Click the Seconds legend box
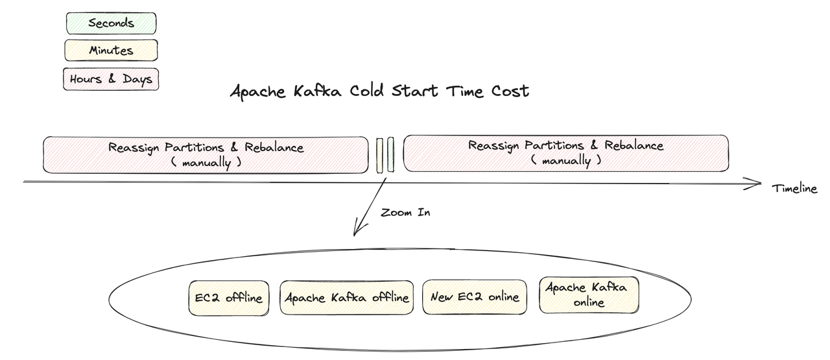[111, 23]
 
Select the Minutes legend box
[111, 51]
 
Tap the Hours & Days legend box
[111, 79]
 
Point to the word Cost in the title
[510, 91]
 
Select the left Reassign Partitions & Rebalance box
[206, 154]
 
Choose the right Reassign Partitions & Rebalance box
[565, 153]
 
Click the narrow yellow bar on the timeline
[380, 156]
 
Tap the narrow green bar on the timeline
[390, 156]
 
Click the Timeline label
[794, 189]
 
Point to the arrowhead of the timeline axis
[756, 185]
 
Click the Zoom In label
[405, 212]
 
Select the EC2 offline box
[228, 298]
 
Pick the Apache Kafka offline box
[347, 298]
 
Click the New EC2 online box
[475, 297]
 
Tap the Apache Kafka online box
[589, 294]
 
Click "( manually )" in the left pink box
[206, 162]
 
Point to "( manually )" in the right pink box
[565, 160]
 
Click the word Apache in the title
[257, 91]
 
